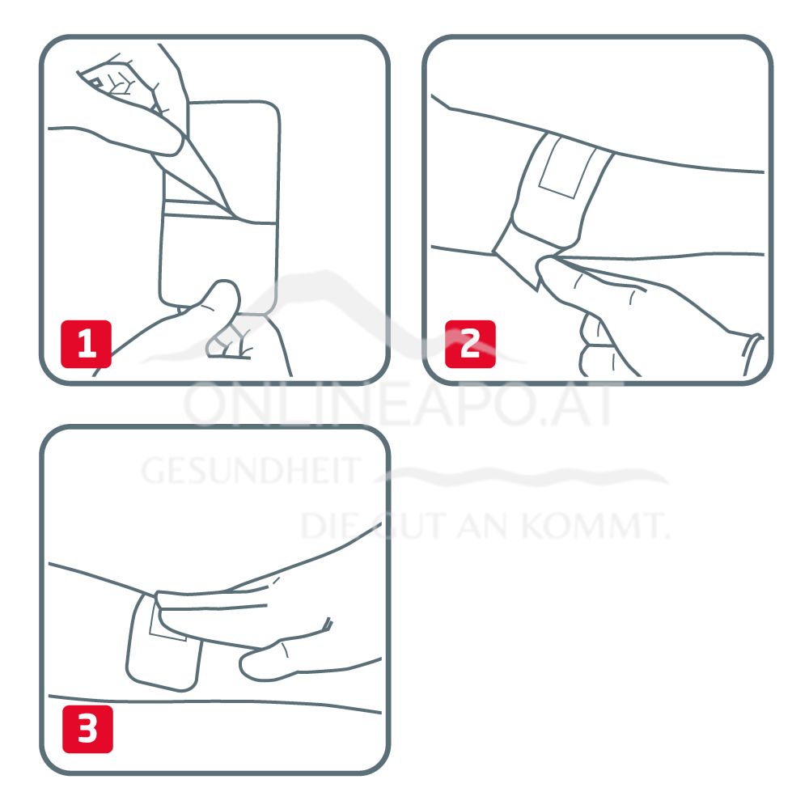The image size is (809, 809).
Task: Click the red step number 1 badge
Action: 87,344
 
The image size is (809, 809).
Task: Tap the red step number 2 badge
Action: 470,344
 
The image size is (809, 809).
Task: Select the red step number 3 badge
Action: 87,729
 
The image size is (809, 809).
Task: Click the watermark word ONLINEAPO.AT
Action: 400,405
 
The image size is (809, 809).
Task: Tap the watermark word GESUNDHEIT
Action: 250,471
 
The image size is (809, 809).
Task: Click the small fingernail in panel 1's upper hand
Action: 96,83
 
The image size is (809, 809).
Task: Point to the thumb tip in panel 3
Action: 252,666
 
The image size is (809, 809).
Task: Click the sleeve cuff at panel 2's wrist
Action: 752,355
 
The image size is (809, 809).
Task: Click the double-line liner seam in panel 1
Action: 192,207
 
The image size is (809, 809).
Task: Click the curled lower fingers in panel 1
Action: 230,341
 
